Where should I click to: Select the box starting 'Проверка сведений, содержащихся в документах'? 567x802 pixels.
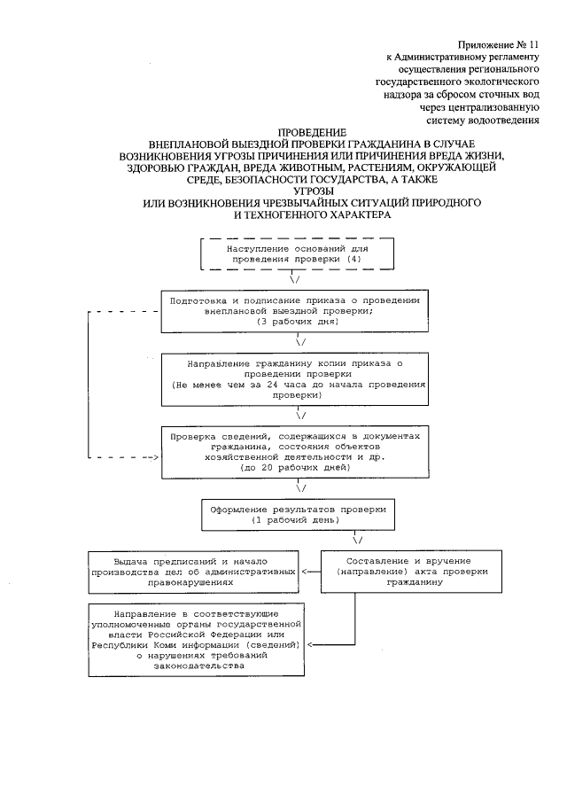(300, 452)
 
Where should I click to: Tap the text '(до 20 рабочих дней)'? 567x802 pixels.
(296, 465)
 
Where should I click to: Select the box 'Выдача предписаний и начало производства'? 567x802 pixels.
(193, 572)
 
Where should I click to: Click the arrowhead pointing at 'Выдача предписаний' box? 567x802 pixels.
(306, 572)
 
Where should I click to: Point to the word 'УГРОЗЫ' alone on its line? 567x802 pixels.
(301, 191)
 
